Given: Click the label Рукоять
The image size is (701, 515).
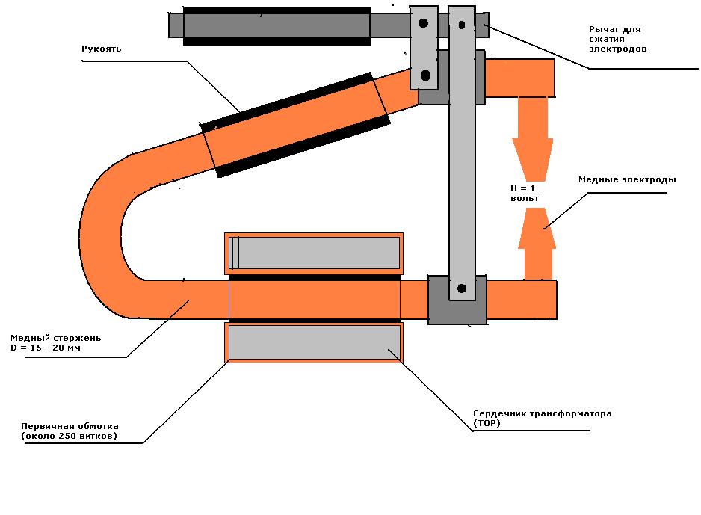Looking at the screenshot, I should click(x=101, y=49).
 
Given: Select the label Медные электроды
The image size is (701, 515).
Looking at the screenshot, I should click(x=627, y=180).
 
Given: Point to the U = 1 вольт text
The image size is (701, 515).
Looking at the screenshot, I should click(x=525, y=193).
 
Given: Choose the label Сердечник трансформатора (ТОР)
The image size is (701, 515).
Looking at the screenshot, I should click(x=542, y=418).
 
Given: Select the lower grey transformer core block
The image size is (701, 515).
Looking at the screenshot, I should click(x=314, y=342).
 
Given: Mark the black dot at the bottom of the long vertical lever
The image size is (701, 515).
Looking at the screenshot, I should click(x=461, y=288).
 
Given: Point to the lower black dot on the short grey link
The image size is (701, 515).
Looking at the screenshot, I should click(x=426, y=75).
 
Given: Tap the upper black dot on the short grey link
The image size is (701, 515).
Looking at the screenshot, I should click(x=424, y=24).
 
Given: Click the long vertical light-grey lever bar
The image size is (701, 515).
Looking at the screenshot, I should click(x=461, y=164).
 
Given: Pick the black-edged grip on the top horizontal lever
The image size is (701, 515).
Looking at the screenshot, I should click(x=277, y=26).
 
